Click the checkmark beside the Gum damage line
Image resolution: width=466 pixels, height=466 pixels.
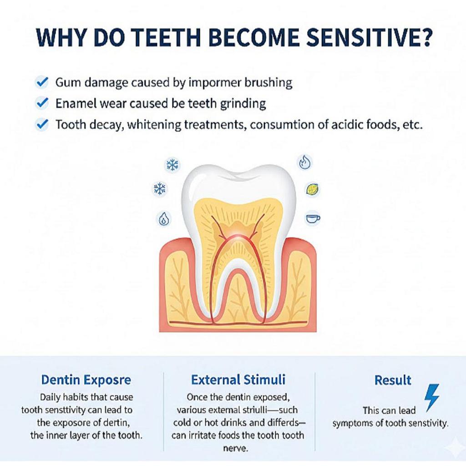click(x=42, y=82)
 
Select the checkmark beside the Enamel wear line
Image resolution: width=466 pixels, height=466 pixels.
click(x=42, y=103)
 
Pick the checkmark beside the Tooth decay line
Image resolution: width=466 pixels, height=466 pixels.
click(x=42, y=124)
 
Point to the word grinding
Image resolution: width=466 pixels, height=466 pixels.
click(x=243, y=104)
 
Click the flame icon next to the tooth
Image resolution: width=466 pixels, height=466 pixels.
click(x=304, y=162)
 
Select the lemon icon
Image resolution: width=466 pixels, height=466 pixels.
click(x=312, y=189)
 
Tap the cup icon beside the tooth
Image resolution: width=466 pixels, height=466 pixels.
click(x=312, y=218)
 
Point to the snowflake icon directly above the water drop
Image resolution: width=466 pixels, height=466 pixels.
click(x=160, y=188)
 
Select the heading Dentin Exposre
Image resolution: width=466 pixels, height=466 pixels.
click(x=86, y=380)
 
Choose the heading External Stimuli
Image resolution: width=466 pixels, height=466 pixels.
click(x=238, y=380)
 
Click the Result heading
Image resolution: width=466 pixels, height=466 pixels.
click(x=393, y=380)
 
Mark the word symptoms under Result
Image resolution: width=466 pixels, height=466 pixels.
click(x=351, y=423)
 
